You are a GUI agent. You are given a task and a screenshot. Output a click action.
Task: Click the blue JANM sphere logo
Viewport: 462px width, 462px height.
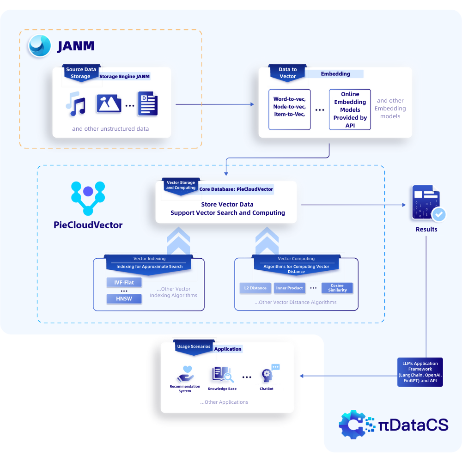tap(40, 46)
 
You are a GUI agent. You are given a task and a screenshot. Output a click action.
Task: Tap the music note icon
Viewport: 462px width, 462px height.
tap(76, 104)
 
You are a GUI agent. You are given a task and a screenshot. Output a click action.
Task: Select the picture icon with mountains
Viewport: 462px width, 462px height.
tap(109, 103)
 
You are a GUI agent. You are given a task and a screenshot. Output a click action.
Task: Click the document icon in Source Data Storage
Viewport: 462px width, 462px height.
tap(148, 103)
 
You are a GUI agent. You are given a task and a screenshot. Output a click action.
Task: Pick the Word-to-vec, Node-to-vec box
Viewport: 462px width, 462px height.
tap(289, 109)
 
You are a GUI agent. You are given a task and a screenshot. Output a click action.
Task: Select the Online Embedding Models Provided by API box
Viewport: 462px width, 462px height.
tap(350, 109)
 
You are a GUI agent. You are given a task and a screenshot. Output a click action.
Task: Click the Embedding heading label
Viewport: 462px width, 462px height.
tap(335, 73)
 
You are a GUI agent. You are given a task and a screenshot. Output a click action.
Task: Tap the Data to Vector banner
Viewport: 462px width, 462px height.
tap(287, 73)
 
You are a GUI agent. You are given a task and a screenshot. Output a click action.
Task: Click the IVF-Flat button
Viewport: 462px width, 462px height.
tap(124, 282)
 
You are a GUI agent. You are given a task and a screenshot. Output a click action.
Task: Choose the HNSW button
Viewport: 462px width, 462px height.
tap(124, 299)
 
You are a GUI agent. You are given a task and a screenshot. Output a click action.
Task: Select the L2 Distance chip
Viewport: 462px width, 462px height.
tap(255, 288)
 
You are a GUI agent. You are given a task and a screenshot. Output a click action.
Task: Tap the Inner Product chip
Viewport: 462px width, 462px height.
tap(289, 288)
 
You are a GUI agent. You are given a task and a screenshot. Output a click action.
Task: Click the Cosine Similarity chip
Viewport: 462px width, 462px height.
tap(337, 288)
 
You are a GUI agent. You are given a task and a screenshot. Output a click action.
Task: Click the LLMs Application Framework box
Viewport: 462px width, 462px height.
tap(420, 372)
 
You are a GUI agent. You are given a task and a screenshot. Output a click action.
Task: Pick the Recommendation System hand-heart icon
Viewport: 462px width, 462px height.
tap(185, 374)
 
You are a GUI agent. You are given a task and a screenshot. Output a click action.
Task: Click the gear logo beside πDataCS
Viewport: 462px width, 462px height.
tap(353, 425)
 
